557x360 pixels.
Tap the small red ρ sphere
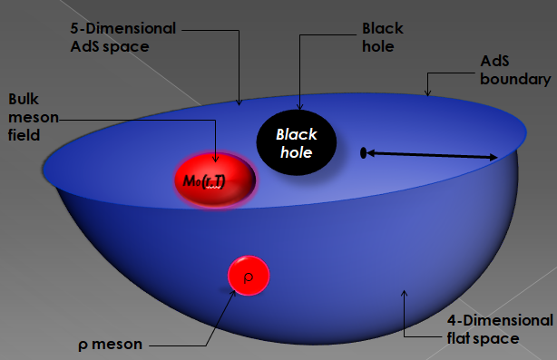(x=248, y=274)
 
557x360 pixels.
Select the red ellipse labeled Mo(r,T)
(x=214, y=179)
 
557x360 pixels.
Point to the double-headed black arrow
(x=432, y=155)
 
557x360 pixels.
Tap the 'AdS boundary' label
(x=514, y=72)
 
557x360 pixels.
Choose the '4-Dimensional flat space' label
(x=500, y=329)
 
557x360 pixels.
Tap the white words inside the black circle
(x=297, y=143)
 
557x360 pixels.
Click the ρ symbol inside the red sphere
(x=248, y=274)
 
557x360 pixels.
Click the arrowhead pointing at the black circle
(x=299, y=107)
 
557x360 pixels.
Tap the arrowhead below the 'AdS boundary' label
(x=428, y=92)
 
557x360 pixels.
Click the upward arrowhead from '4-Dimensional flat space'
(x=405, y=291)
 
